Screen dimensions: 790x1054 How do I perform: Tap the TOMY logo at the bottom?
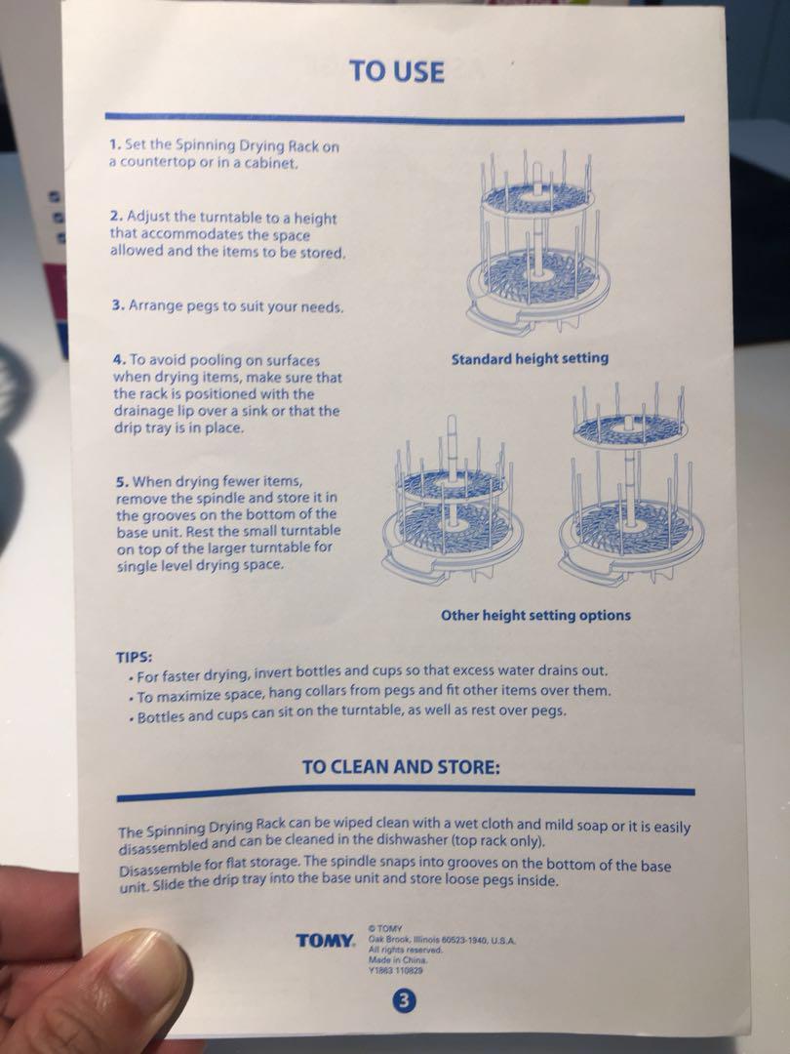point(325,941)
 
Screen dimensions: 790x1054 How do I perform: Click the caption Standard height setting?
point(530,359)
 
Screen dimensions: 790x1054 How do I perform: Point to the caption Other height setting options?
point(536,615)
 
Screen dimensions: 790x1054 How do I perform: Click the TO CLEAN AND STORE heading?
point(401,767)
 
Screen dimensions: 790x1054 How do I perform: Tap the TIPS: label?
point(135,656)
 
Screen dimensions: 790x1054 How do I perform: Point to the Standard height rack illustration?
point(537,242)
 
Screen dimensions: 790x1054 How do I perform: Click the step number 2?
point(116,217)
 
